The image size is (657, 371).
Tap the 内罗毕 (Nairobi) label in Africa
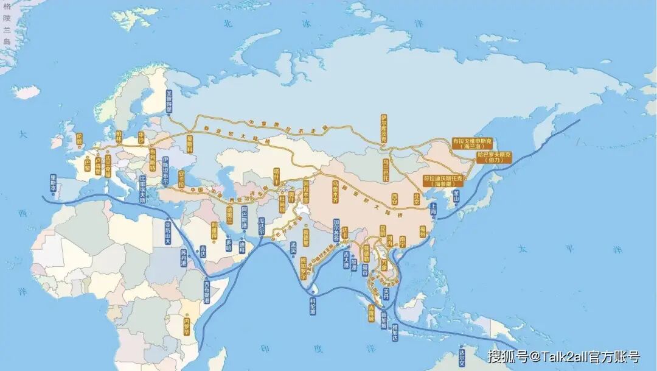tap(187, 326)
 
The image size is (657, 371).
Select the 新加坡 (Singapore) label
tap(384, 320)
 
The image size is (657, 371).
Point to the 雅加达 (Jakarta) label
tap(395, 333)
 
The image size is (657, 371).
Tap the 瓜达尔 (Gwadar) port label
tap(262, 225)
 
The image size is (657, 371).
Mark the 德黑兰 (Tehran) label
tap(229, 214)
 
